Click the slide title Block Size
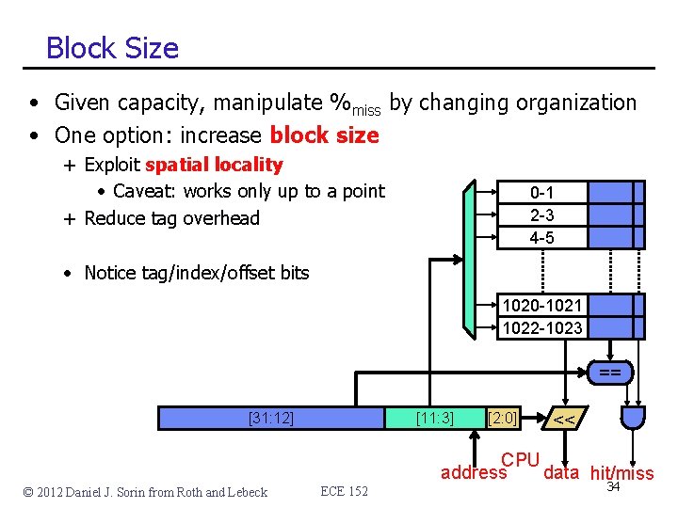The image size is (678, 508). point(112,47)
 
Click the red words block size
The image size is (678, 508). point(324,135)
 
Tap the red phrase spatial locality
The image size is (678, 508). point(214,165)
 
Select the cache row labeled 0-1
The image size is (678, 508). point(541,192)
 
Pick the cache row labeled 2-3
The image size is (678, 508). point(541,214)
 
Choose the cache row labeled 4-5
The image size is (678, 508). point(541,237)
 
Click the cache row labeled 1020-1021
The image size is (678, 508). point(541,305)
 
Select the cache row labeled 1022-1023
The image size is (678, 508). point(541,327)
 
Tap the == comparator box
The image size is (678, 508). point(609,373)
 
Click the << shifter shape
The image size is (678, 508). point(565,419)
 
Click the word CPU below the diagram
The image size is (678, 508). point(520,460)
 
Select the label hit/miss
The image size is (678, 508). point(621,473)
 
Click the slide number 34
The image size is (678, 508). point(613,487)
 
